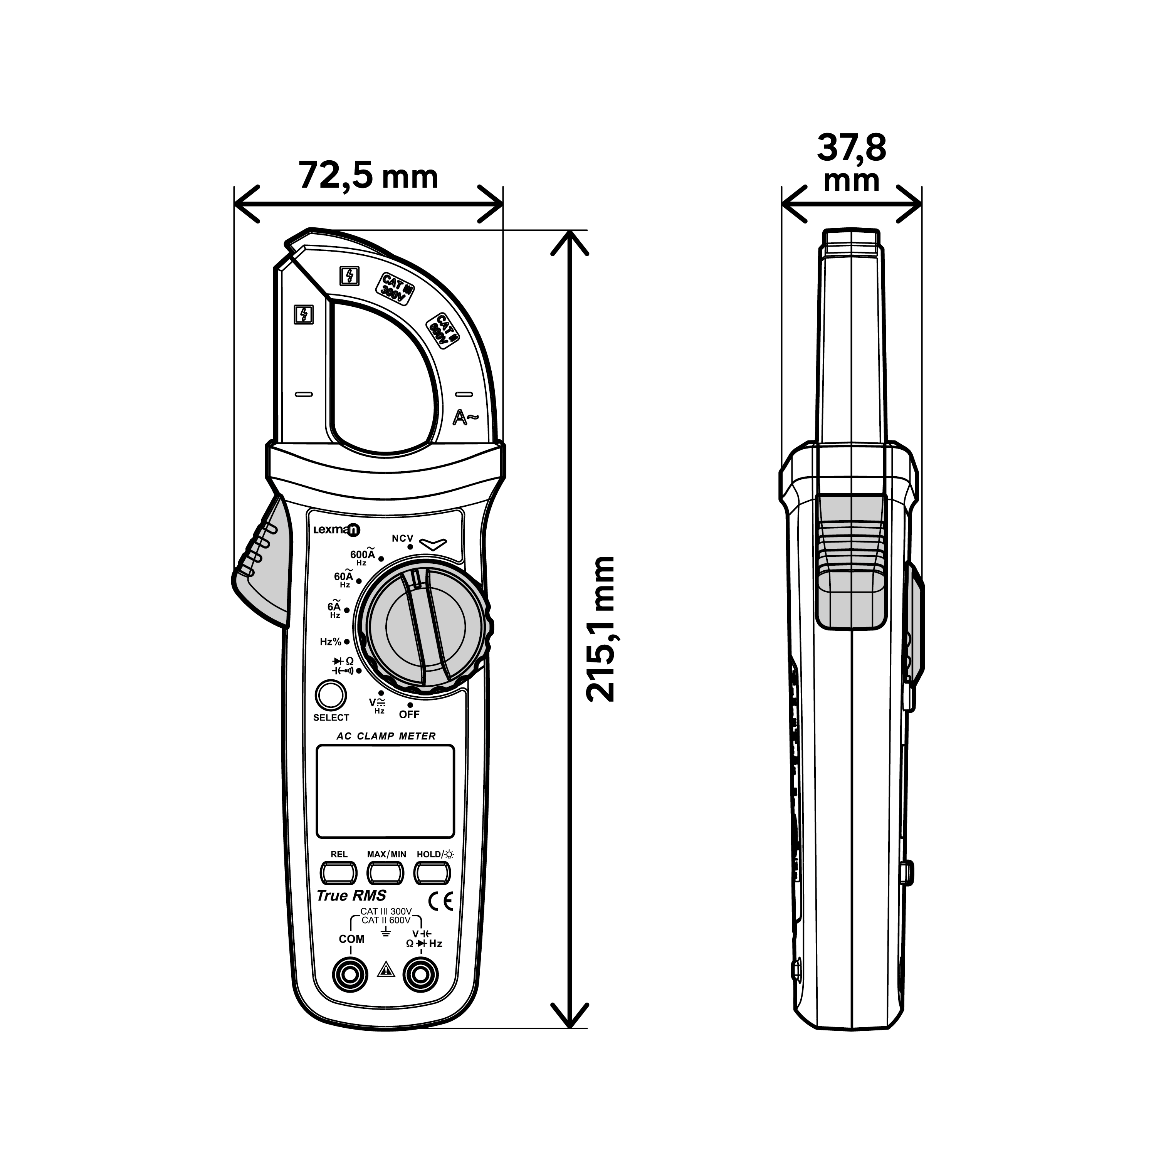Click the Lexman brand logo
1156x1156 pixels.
[x=337, y=529]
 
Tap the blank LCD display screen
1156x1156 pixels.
[x=385, y=791]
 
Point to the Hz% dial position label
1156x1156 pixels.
[x=330, y=642]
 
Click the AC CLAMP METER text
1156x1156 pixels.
[x=386, y=736]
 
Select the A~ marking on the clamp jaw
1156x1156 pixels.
[x=465, y=418]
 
